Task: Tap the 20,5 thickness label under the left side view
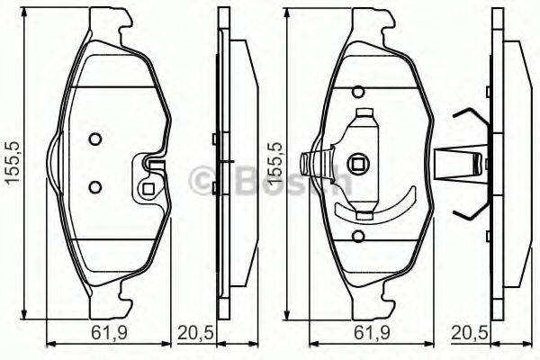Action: tap(195, 334)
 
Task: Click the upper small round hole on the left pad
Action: tap(94, 139)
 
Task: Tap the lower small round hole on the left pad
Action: tap(94, 186)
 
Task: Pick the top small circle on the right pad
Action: tap(359, 92)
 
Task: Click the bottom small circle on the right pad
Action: tap(359, 238)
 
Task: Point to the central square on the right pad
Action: tap(359, 165)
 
